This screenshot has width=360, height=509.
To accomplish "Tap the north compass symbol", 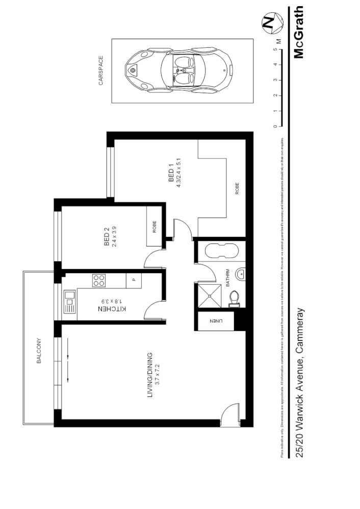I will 269,22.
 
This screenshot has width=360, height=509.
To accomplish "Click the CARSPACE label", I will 101,70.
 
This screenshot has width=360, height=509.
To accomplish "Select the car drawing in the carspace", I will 182,71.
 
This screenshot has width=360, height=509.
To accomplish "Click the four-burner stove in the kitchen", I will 99,280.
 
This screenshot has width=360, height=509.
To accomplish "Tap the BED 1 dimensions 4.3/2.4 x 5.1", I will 179,173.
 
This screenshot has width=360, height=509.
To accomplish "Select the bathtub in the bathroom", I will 221,252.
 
